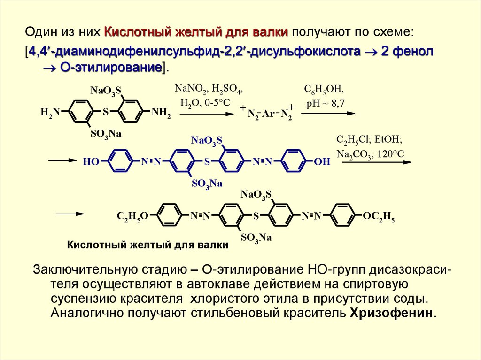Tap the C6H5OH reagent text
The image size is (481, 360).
(x=325, y=89)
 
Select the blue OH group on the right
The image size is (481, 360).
(x=322, y=162)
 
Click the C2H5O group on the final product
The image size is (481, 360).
(x=133, y=216)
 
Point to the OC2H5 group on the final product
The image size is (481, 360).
(x=379, y=216)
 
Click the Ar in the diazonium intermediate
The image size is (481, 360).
(x=268, y=114)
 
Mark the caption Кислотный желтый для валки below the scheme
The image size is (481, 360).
(x=147, y=245)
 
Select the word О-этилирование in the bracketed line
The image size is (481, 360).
(x=110, y=67)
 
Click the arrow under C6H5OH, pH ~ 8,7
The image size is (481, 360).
(x=328, y=113)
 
